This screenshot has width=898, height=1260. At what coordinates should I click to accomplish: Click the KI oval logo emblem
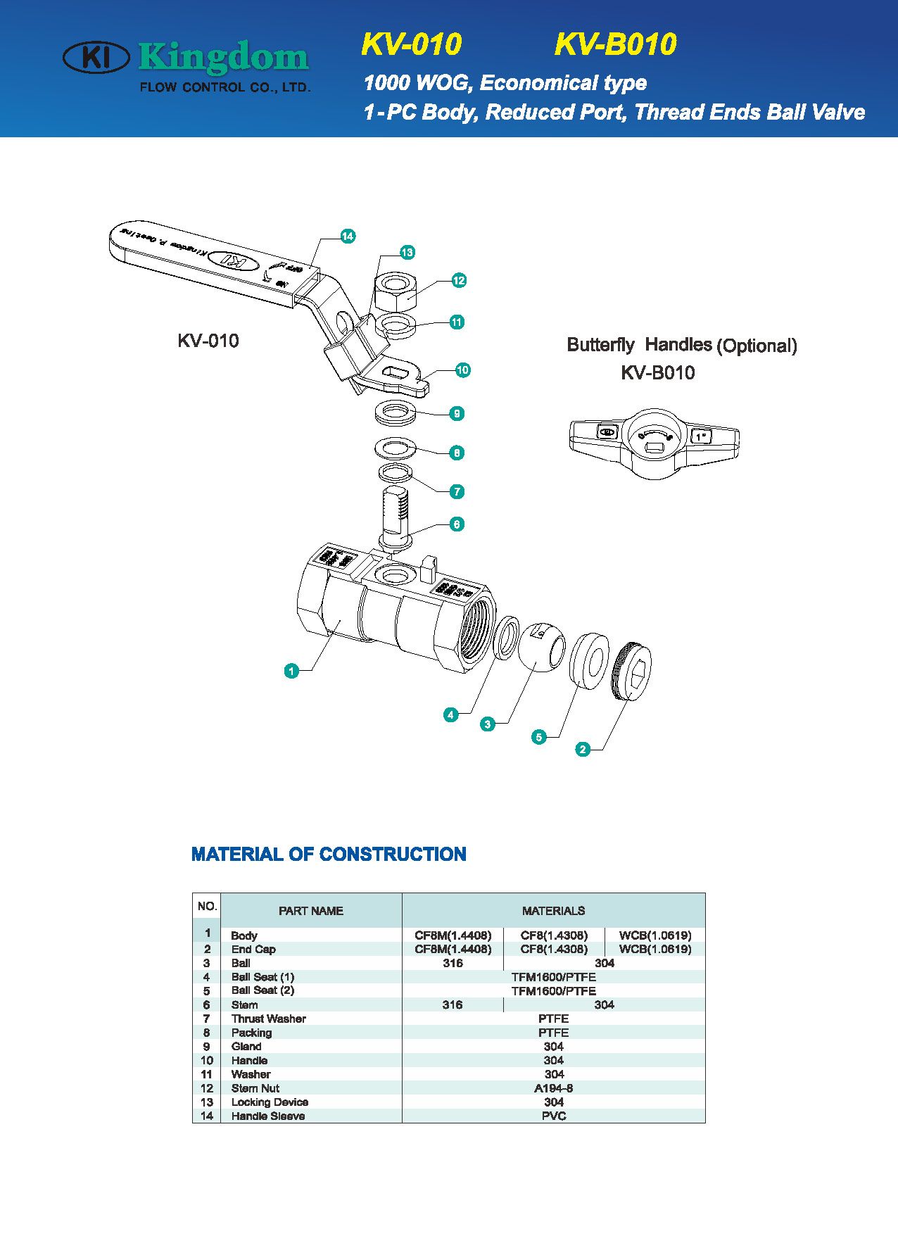pos(96,58)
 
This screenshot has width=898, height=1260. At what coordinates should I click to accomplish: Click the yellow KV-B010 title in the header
pos(615,44)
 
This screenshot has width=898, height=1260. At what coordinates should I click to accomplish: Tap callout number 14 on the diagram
pos(347,237)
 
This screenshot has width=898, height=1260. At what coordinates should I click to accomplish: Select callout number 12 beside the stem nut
pos(459,280)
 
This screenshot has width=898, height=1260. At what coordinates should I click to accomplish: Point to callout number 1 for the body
pos(291,671)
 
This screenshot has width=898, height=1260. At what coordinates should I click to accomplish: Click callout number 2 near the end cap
pos(583,749)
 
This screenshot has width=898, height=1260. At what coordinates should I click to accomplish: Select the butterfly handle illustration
pos(653,441)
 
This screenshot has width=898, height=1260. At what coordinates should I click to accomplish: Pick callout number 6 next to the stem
pos(457,524)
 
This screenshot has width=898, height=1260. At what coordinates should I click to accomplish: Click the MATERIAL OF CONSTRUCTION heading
pos(329,854)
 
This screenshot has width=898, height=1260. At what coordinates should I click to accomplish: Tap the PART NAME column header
pos(310,910)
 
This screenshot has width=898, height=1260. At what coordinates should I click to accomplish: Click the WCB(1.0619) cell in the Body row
pos(654,935)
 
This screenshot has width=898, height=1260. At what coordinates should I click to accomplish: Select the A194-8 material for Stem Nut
pos(553,1088)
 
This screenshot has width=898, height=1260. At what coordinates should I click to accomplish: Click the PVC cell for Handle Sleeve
pos(553,1116)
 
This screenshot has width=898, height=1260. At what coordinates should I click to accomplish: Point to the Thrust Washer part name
pos(268,1019)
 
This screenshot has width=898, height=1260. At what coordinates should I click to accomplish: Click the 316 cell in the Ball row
pos(453,963)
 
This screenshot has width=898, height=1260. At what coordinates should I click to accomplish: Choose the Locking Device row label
pos(270,1102)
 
